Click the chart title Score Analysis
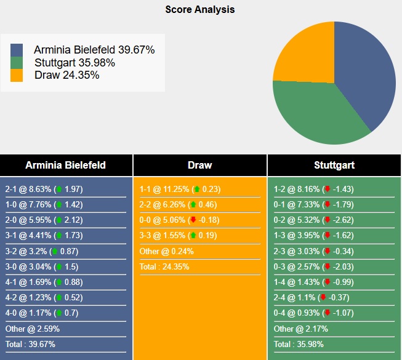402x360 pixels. [199, 10]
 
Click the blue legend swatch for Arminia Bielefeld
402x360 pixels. [17, 50]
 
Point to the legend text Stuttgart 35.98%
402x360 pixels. [74, 63]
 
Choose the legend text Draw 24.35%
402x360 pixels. [66, 75]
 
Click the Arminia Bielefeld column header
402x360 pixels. [65, 165]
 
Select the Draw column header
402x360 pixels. [199, 165]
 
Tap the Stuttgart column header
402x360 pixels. [334, 165]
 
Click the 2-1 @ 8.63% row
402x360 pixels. [44, 190]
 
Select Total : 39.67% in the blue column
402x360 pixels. [31, 345]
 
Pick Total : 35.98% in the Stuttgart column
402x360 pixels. [300, 345]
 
